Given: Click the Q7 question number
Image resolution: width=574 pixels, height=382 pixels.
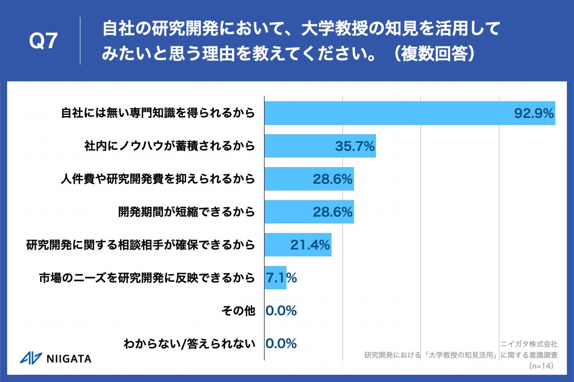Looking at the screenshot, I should coord(44,42).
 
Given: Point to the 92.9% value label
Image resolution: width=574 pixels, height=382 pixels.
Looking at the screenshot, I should coord(534,114).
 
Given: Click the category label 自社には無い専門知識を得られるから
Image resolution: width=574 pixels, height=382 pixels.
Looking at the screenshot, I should coord(158,114).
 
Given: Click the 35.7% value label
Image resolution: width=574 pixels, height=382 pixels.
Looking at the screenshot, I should coord(354,146).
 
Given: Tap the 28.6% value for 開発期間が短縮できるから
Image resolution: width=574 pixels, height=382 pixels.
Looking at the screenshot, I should coord(333,212).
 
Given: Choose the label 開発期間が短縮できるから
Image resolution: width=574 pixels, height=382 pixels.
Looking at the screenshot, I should coord(187,212).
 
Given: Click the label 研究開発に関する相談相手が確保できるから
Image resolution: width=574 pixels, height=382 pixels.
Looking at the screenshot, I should coord(140,245).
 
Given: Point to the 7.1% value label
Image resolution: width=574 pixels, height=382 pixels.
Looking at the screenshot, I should coord(281,277).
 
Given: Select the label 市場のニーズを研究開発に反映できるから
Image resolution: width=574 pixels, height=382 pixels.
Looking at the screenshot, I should coord(146,278).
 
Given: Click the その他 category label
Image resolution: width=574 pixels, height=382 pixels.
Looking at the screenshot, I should coord(238,311).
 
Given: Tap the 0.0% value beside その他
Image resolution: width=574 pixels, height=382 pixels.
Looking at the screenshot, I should coord(281,311).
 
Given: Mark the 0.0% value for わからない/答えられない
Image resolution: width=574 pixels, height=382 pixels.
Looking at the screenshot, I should coord(281,343).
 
